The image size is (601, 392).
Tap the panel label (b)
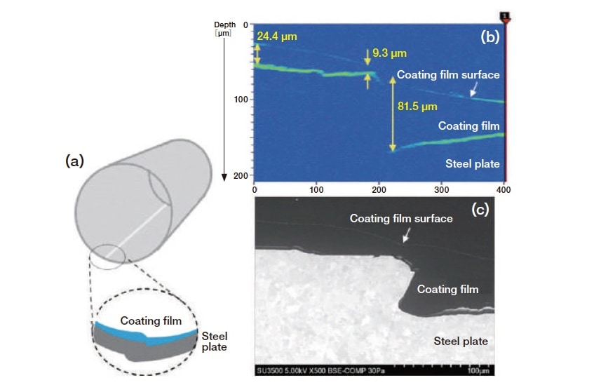pos(489,38)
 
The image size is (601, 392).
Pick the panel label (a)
pos(74,161)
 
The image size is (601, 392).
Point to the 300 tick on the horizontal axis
pos(443,189)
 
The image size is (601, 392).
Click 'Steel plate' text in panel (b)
pos(472,164)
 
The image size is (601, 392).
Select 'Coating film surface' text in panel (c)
pos(401,219)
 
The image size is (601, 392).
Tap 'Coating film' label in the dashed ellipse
pos(151,321)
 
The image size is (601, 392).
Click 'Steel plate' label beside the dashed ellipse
pos(215,342)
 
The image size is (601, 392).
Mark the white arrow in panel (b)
pos(473,90)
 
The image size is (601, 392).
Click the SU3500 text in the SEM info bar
pos(269,370)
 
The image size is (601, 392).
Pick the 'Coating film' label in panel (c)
pos(447,289)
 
